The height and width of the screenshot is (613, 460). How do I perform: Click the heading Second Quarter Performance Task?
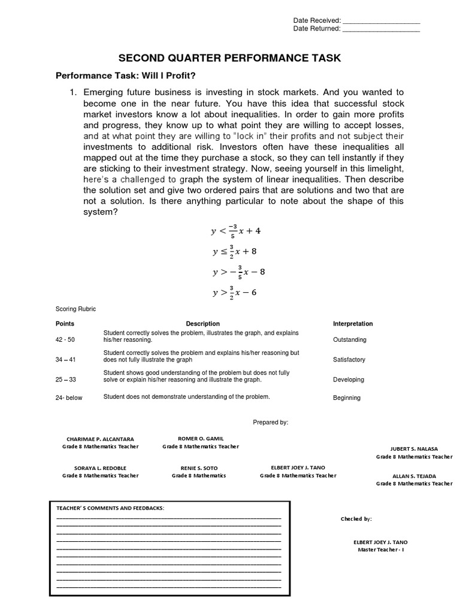pos(229,58)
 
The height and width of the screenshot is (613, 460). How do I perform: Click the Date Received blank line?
pos(382,21)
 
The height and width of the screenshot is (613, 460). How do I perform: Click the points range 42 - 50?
pos(65,339)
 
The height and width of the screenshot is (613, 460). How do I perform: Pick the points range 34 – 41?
pos(65,360)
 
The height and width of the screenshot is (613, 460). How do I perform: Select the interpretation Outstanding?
pos(349,339)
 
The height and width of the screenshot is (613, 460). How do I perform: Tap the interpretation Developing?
pos(348,380)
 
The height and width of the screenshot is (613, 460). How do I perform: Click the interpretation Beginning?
pos(347,397)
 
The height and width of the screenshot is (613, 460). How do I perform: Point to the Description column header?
pos(203,324)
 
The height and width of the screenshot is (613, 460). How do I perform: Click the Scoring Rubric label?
pos(75,309)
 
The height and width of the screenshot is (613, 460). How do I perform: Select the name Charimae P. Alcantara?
pos(100,439)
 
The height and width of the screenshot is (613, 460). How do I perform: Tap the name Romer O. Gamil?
pos(201,438)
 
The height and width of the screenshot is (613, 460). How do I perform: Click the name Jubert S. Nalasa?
pos(414,448)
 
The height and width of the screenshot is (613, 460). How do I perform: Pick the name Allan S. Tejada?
pos(414,476)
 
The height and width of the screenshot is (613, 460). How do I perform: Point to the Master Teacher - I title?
pos(381,550)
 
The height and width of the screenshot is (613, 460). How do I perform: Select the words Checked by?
pos(356,519)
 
